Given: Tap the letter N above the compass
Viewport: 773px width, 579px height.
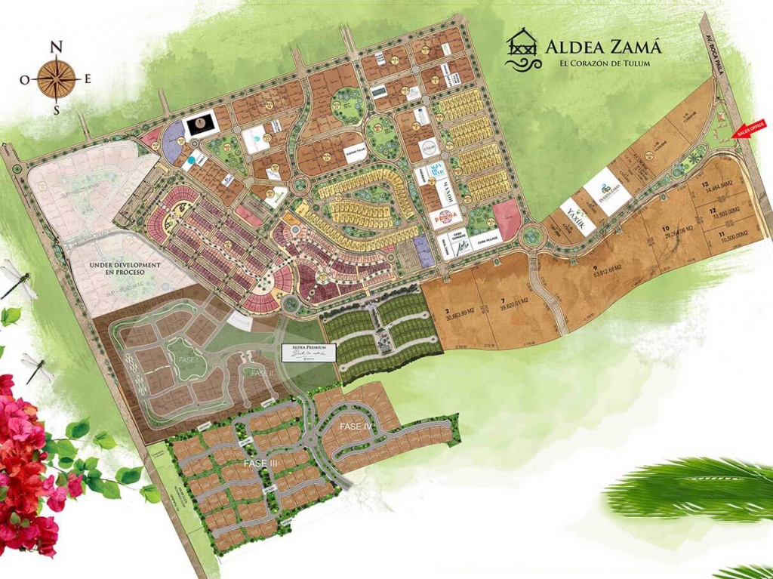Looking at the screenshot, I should (55, 46).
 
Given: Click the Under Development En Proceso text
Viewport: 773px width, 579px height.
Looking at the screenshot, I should (125, 268).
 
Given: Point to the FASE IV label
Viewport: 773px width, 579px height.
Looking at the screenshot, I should (356, 427).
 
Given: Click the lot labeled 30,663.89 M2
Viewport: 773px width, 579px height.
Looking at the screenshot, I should (460, 312).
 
